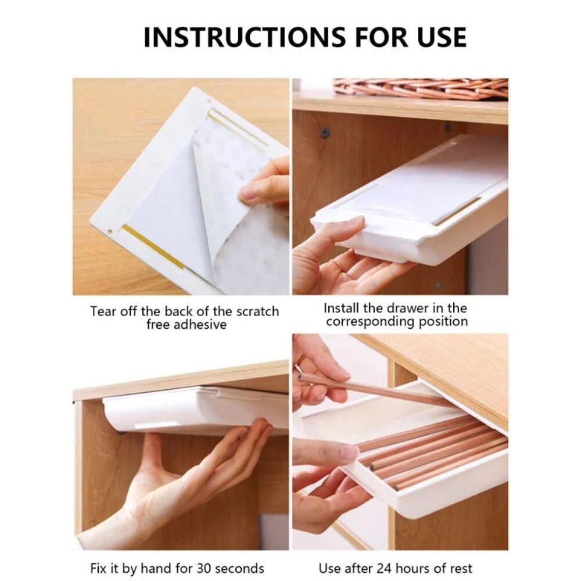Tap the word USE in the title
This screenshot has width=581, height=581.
(x=437, y=37)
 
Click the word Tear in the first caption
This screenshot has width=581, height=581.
(x=102, y=311)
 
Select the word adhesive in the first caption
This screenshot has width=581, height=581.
(x=197, y=324)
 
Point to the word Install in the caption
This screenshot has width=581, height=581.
(x=343, y=308)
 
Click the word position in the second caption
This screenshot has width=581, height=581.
(x=442, y=321)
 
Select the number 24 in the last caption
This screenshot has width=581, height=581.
(x=386, y=568)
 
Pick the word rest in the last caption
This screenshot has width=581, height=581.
(x=460, y=568)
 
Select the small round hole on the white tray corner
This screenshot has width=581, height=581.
(x=110, y=231)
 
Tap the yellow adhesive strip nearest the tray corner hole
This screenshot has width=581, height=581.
(x=153, y=246)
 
